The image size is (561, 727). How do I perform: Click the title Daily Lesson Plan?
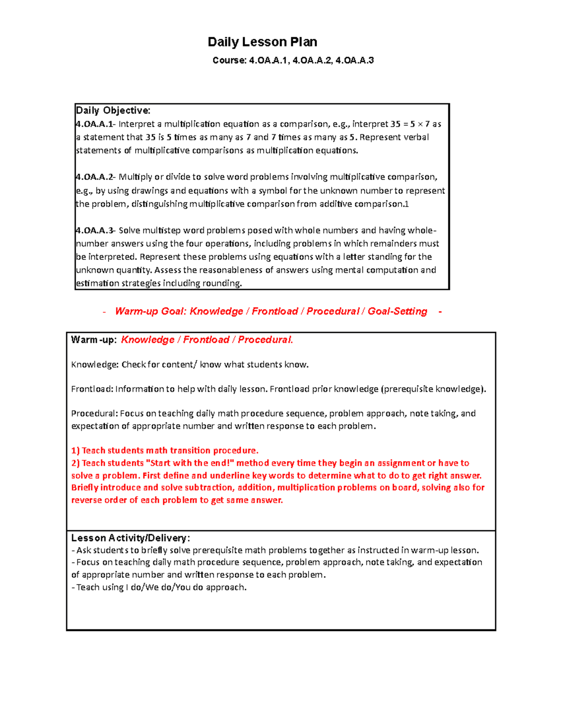262,42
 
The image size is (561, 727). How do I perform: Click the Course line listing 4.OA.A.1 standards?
293,60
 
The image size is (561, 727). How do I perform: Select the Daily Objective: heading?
113,110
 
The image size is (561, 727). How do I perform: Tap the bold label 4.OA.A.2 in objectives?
94,177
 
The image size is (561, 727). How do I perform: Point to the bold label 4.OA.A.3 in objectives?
94,230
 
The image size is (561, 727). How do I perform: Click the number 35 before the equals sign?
396,124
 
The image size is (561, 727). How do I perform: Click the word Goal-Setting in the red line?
397,311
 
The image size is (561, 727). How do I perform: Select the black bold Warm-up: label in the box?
93,340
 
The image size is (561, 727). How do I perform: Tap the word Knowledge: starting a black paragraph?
95,365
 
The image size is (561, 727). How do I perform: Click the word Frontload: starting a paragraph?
92,389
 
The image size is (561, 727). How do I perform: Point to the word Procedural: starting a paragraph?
94,413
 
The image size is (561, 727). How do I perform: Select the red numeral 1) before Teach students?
75,450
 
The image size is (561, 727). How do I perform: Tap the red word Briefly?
85,487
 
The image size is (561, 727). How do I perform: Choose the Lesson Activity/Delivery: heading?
130,538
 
